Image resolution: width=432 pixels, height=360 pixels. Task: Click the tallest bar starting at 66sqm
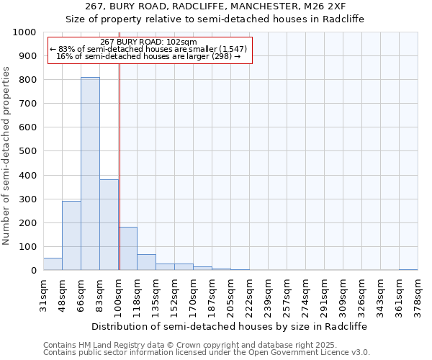tap(90, 174)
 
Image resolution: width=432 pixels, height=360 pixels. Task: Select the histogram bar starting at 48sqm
tap(71, 235)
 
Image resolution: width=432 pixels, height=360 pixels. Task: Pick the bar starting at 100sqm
tap(127, 248)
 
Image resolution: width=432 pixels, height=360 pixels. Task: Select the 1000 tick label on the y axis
tap(24, 32)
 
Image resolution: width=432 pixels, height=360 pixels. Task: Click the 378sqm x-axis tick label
tap(418, 295)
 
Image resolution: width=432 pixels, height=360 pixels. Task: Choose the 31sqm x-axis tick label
tap(43, 295)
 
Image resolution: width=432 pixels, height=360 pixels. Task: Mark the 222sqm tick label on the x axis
tap(249, 295)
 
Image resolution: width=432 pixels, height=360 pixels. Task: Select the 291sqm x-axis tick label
tap(324, 295)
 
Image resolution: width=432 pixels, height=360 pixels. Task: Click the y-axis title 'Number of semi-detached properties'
tap(6, 155)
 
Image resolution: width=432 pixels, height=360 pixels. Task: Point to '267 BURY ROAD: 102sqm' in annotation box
tap(148, 42)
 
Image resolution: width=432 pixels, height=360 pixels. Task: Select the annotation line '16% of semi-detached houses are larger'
tap(148, 56)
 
